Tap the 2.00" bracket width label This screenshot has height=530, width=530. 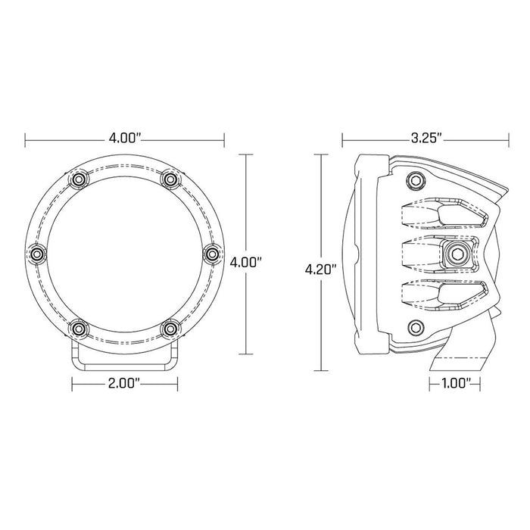coord(125,384)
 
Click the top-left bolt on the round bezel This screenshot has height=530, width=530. coord(79,179)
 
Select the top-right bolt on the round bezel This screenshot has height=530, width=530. coord(171,179)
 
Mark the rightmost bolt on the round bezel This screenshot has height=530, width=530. coord(215,253)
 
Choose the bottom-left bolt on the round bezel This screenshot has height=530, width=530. coord(79,328)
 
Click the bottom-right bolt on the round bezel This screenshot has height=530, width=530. coord(171,328)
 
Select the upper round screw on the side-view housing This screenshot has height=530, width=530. coord(413,179)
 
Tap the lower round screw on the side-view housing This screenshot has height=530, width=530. coord(413,326)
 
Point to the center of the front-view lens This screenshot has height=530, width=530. coord(125,253)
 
